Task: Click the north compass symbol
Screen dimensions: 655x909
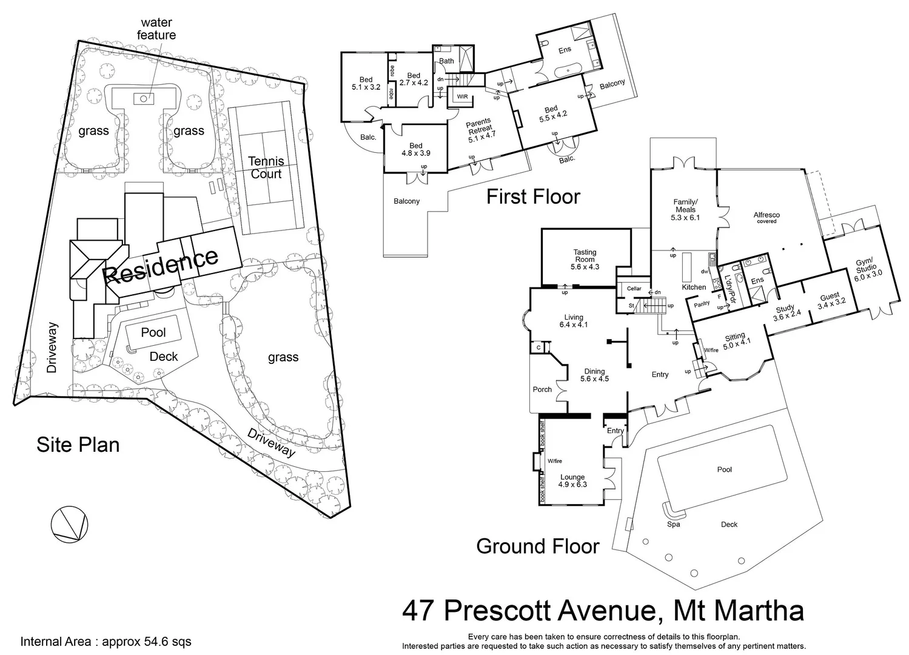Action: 69,523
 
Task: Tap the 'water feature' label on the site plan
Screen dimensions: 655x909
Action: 156,29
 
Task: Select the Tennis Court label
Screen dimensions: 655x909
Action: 266,167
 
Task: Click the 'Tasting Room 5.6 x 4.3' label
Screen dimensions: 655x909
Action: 585,259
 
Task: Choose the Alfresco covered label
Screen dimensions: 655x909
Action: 766,217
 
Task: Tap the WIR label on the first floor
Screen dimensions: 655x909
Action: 462,96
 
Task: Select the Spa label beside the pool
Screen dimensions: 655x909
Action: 673,524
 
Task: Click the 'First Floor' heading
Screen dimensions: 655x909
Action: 533,196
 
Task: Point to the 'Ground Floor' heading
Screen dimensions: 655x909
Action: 537,546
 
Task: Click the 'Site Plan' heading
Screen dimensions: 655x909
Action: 78,445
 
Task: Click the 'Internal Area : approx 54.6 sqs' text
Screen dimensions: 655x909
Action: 106,641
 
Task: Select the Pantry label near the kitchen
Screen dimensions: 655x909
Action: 701,303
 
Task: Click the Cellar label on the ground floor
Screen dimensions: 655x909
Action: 634,289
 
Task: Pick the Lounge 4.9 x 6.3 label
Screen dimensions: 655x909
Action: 572,481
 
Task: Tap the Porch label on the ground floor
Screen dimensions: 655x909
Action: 542,389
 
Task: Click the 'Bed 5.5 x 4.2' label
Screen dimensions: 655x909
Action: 552,113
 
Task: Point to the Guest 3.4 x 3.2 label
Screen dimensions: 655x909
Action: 830,301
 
